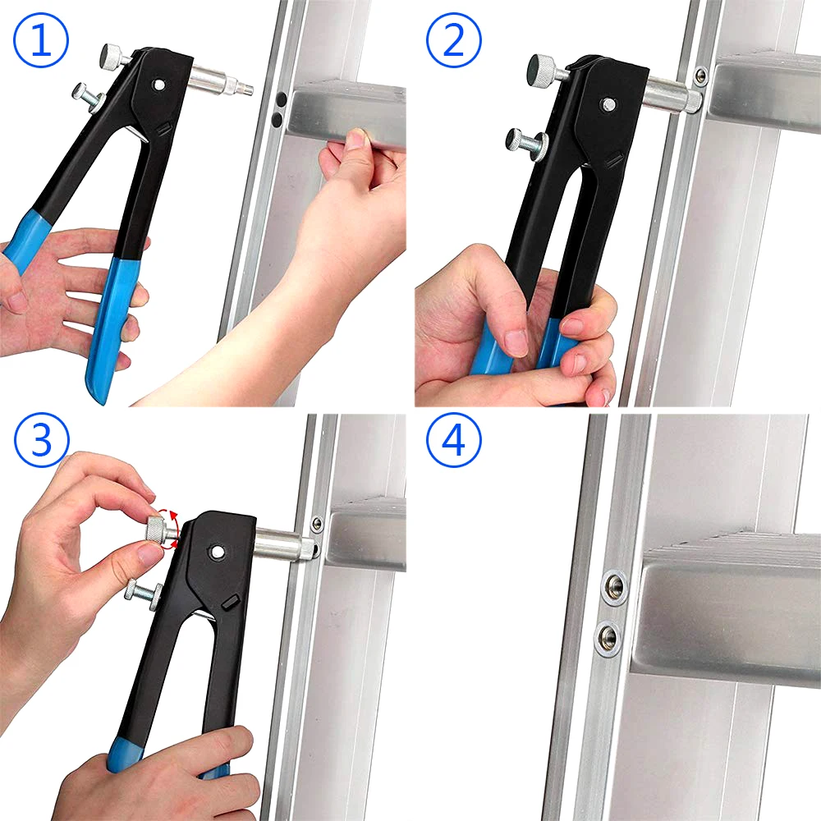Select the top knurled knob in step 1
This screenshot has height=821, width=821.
[111, 57]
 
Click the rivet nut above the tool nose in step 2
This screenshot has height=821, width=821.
[699, 76]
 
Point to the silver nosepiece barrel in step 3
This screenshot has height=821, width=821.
[281, 543]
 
